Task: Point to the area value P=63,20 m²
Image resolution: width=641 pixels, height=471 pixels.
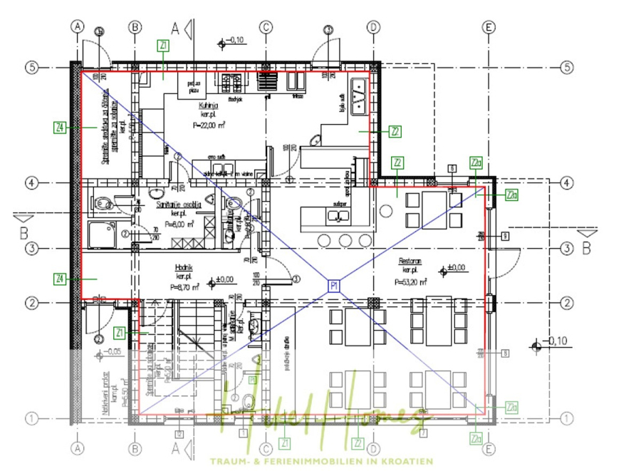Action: click(x=410, y=281)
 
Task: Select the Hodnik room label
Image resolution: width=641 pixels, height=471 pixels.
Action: click(x=184, y=267)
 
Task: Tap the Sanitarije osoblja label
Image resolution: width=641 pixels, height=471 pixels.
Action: click(x=179, y=204)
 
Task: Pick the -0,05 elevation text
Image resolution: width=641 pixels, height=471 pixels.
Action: click(x=115, y=352)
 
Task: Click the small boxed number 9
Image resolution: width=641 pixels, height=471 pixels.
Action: click(x=504, y=236)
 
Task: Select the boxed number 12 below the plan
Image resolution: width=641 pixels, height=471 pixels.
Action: click(x=179, y=433)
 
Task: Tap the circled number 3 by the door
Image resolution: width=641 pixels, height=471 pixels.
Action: click(x=296, y=279)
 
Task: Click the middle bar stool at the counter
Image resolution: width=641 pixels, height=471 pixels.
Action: click(x=345, y=239)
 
